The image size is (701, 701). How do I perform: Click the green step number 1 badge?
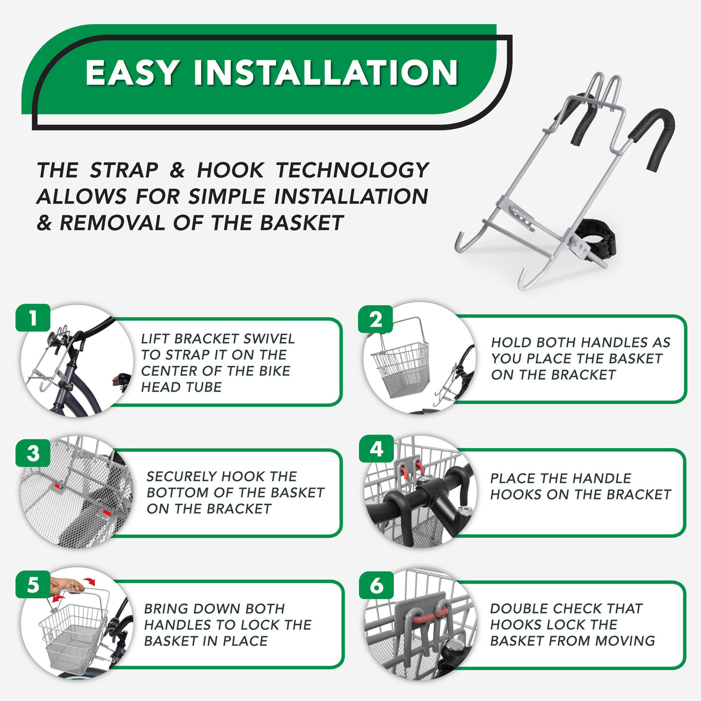pos(33,318)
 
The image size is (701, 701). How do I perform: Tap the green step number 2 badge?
pos(375,319)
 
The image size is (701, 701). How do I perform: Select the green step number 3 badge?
pos(33,453)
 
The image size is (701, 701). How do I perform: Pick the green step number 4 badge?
pos(376,449)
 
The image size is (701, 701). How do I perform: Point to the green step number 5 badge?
pos(33,585)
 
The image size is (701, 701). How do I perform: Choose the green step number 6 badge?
pos(376,585)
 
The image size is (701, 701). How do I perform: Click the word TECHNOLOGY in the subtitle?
pos(352,170)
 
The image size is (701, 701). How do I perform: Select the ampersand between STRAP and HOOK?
pos(177,170)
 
